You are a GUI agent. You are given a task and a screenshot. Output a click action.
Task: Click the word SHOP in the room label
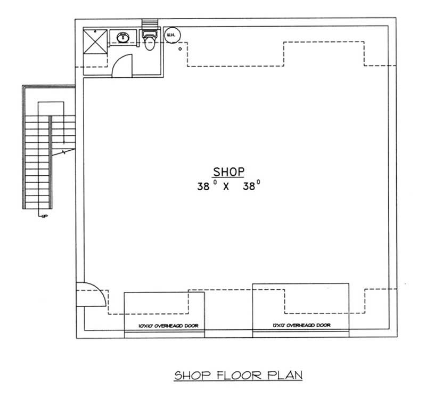[229, 172]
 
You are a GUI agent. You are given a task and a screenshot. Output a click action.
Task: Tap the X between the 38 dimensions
[226, 187]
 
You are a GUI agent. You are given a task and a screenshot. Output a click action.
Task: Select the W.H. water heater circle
[172, 36]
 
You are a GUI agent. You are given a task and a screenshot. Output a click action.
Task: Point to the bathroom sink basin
[124, 37]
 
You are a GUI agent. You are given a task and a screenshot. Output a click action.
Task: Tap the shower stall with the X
[95, 40]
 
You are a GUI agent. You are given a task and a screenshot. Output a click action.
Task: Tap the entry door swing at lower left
[87, 293]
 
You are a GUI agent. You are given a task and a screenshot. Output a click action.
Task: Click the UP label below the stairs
[41, 216]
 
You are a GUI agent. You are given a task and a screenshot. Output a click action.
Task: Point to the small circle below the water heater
[181, 50]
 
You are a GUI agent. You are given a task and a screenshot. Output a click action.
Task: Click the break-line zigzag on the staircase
[65, 153]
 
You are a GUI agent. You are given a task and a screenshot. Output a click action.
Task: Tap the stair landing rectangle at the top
[51, 107]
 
